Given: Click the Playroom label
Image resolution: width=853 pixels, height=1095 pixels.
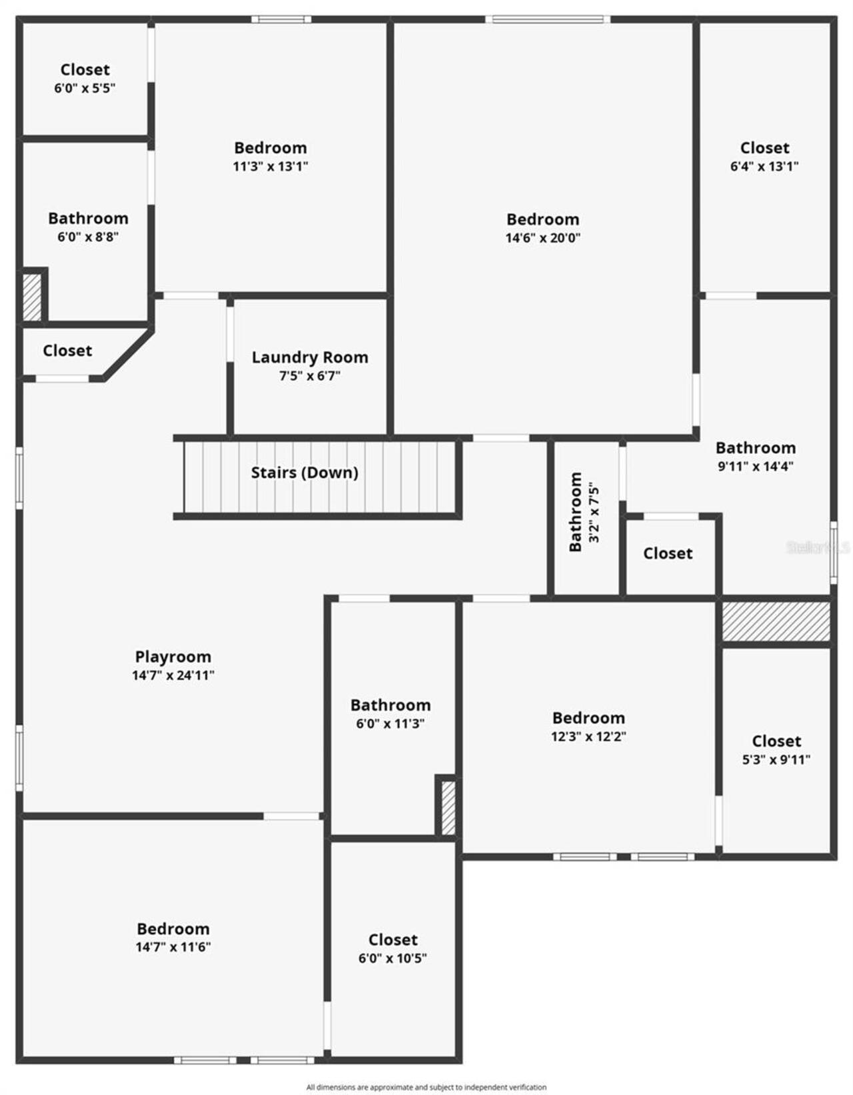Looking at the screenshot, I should (x=173, y=657).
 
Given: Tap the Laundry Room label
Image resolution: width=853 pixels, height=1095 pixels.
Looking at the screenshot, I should (x=310, y=357).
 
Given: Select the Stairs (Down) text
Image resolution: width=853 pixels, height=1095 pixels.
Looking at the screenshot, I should (x=305, y=473).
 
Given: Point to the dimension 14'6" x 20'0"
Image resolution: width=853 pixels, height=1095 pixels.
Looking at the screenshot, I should (x=542, y=238).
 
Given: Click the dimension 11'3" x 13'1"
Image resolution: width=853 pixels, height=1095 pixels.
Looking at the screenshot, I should (x=270, y=166).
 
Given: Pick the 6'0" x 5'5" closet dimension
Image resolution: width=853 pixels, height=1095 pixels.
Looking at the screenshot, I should (x=85, y=88).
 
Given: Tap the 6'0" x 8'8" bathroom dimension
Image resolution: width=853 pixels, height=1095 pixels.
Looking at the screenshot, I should (x=88, y=237).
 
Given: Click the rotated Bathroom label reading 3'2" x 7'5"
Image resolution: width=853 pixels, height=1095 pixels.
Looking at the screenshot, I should (x=575, y=512).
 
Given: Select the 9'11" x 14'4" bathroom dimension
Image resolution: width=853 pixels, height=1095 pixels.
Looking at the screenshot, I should (x=755, y=467).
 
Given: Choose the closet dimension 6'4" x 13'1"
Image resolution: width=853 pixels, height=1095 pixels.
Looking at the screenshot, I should (x=764, y=166).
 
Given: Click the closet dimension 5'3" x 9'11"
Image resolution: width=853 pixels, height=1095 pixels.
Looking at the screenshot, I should (x=776, y=759).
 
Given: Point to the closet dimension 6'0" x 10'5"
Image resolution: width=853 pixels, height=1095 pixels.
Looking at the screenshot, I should (x=393, y=958).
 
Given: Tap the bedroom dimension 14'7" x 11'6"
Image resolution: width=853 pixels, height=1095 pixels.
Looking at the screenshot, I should (x=173, y=947).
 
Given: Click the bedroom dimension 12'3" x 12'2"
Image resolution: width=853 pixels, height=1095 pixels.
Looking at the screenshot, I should (x=588, y=736).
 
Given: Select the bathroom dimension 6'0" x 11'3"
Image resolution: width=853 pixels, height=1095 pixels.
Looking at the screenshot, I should (x=390, y=724).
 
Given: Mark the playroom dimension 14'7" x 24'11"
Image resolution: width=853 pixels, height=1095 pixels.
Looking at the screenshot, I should (x=173, y=675).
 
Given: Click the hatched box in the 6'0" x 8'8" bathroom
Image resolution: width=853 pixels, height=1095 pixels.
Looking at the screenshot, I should (x=32, y=297).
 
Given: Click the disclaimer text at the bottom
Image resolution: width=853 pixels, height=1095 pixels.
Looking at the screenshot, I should (x=426, y=1087).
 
